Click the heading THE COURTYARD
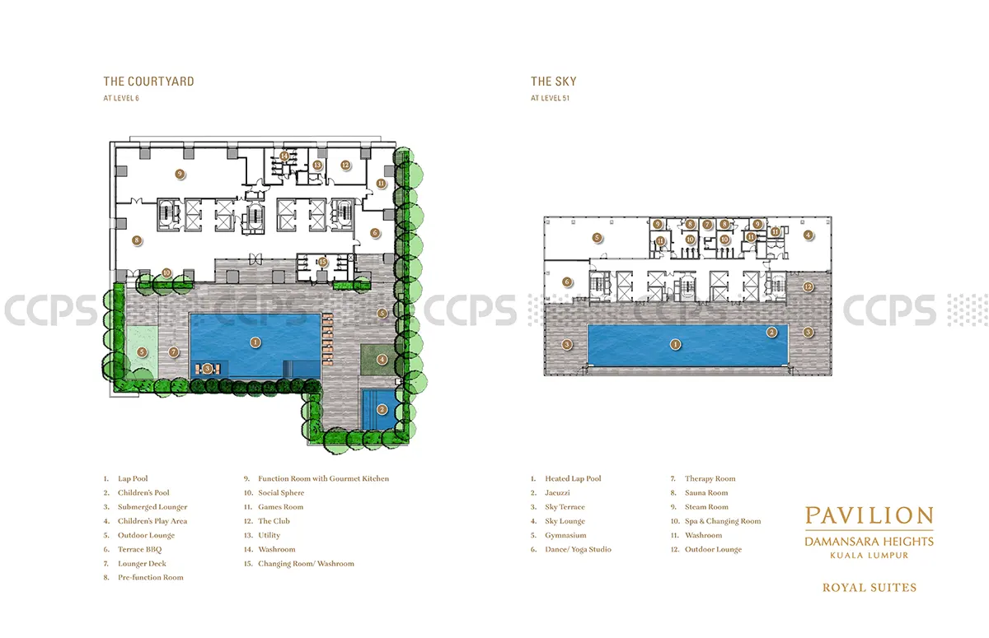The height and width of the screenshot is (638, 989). pyautogui.click(x=149, y=81)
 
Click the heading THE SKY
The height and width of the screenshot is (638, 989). pyautogui.click(x=554, y=81)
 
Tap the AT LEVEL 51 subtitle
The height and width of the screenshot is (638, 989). pyautogui.click(x=551, y=98)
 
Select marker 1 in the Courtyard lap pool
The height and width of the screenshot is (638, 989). pyautogui.click(x=255, y=342)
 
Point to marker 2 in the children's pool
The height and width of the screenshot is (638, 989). pyautogui.click(x=382, y=410)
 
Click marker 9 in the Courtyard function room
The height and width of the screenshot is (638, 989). pyautogui.click(x=180, y=174)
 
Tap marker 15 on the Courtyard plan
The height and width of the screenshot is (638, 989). pyautogui.click(x=323, y=262)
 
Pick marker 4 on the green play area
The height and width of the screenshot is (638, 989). pyautogui.click(x=382, y=360)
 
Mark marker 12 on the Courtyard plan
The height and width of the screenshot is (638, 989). pyautogui.click(x=345, y=165)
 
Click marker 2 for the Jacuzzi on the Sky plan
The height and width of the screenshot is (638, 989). pyautogui.click(x=771, y=332)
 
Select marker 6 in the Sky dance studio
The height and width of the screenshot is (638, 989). pyautogui.click(x=567, y=282)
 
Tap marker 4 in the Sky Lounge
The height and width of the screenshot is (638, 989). pyautogui.click(x=808, y=235)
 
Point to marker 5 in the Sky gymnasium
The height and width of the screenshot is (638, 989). pyautogui.click(x=597, y=238)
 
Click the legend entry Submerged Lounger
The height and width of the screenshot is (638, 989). pyautogui.click(x=152, y=507)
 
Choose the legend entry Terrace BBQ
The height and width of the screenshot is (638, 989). pyautogui.click(x=139, y=549)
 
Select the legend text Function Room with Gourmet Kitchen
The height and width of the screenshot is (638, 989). pyautogui.click(x=324, y=478)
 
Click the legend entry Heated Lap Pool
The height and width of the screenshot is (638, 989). pyautogui.click(x=573, y=478)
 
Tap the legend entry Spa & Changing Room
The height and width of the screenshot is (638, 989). pyautogui.click(x=723, y=521)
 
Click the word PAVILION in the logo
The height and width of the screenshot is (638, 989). pyautogui.click(x=869, y=515)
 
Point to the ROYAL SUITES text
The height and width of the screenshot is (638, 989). pyautogui.click(x=869, y=588)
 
